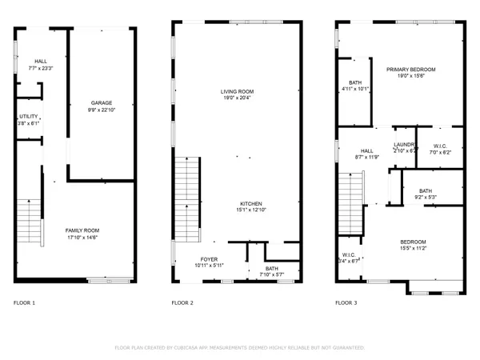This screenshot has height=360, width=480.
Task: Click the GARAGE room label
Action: point(101,102)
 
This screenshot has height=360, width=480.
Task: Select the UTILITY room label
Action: point(28,117)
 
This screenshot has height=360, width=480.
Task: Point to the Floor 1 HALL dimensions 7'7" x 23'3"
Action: point(42,69)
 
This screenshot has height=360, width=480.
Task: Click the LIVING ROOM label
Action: point(238,92)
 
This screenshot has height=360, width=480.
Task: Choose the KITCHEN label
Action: point(251,204)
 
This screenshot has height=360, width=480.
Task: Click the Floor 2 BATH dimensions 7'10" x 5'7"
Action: point(272,275)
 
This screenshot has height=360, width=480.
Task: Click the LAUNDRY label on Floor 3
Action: point(405,145)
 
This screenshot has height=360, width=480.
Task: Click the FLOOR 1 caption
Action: point(25,303)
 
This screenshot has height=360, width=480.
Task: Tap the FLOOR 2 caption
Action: point(183,303)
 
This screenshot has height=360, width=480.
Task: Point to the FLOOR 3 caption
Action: point(346,303)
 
